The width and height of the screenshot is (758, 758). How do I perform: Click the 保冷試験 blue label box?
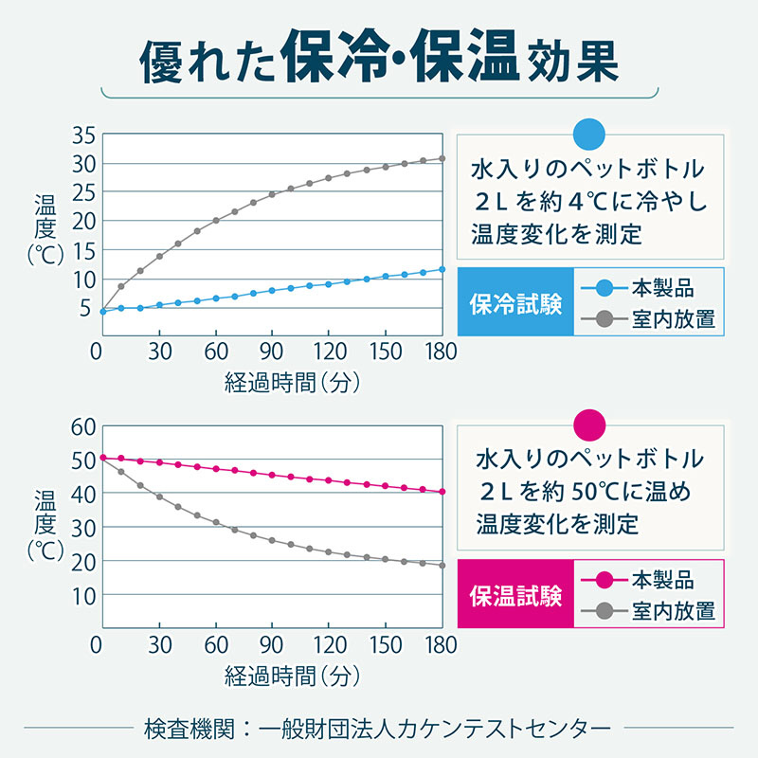515,303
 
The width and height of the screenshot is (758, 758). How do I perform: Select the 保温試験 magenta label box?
515,594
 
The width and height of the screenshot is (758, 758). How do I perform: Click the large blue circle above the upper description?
589,134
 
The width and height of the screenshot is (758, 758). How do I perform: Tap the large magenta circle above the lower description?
589,424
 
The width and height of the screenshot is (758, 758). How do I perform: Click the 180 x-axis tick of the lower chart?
441,644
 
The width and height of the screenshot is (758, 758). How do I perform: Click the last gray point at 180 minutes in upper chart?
442,158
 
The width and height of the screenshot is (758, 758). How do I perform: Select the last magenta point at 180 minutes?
442,492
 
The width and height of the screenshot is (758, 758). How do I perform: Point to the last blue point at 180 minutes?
442,269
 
